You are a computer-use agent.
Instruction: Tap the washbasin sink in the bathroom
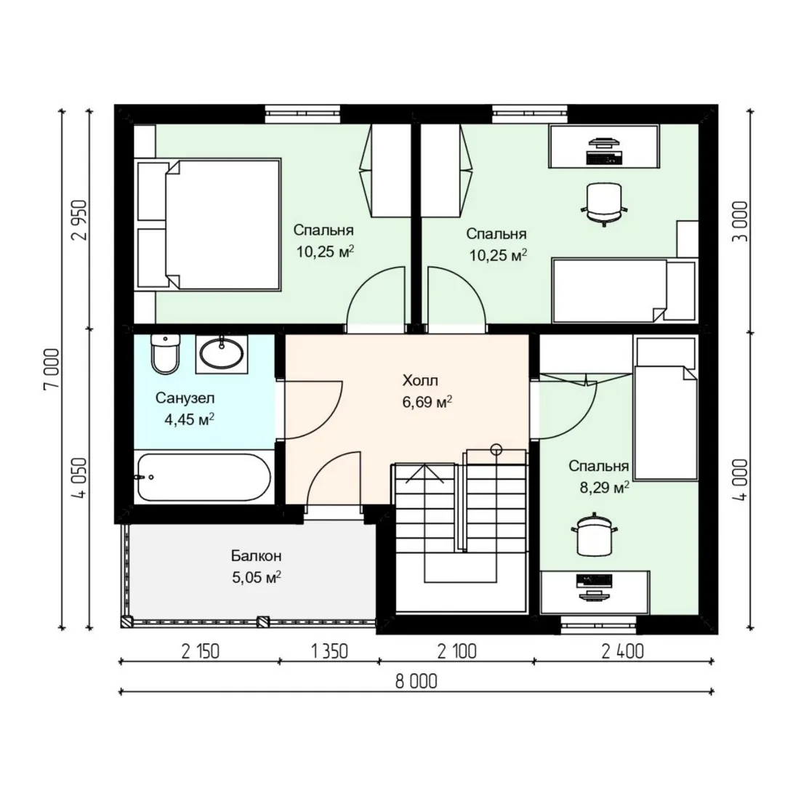[221, 353]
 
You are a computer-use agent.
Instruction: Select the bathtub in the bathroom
[204, 477]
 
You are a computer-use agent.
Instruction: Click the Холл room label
[420, 380]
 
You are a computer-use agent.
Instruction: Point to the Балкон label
[256, 556]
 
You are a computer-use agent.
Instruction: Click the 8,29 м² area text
[604, 488]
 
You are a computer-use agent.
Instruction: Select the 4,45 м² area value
[189, 419]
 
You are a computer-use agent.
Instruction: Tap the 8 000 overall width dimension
[416, 681]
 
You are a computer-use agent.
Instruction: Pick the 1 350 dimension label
[329, 651]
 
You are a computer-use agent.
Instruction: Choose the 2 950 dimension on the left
[80, 220]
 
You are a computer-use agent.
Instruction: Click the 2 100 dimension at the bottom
[456, 651]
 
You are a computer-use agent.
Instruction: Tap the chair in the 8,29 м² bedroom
[594, 535]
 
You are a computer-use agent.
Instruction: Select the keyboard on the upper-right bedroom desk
[604, 157]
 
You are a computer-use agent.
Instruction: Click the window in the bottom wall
[598, 621]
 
